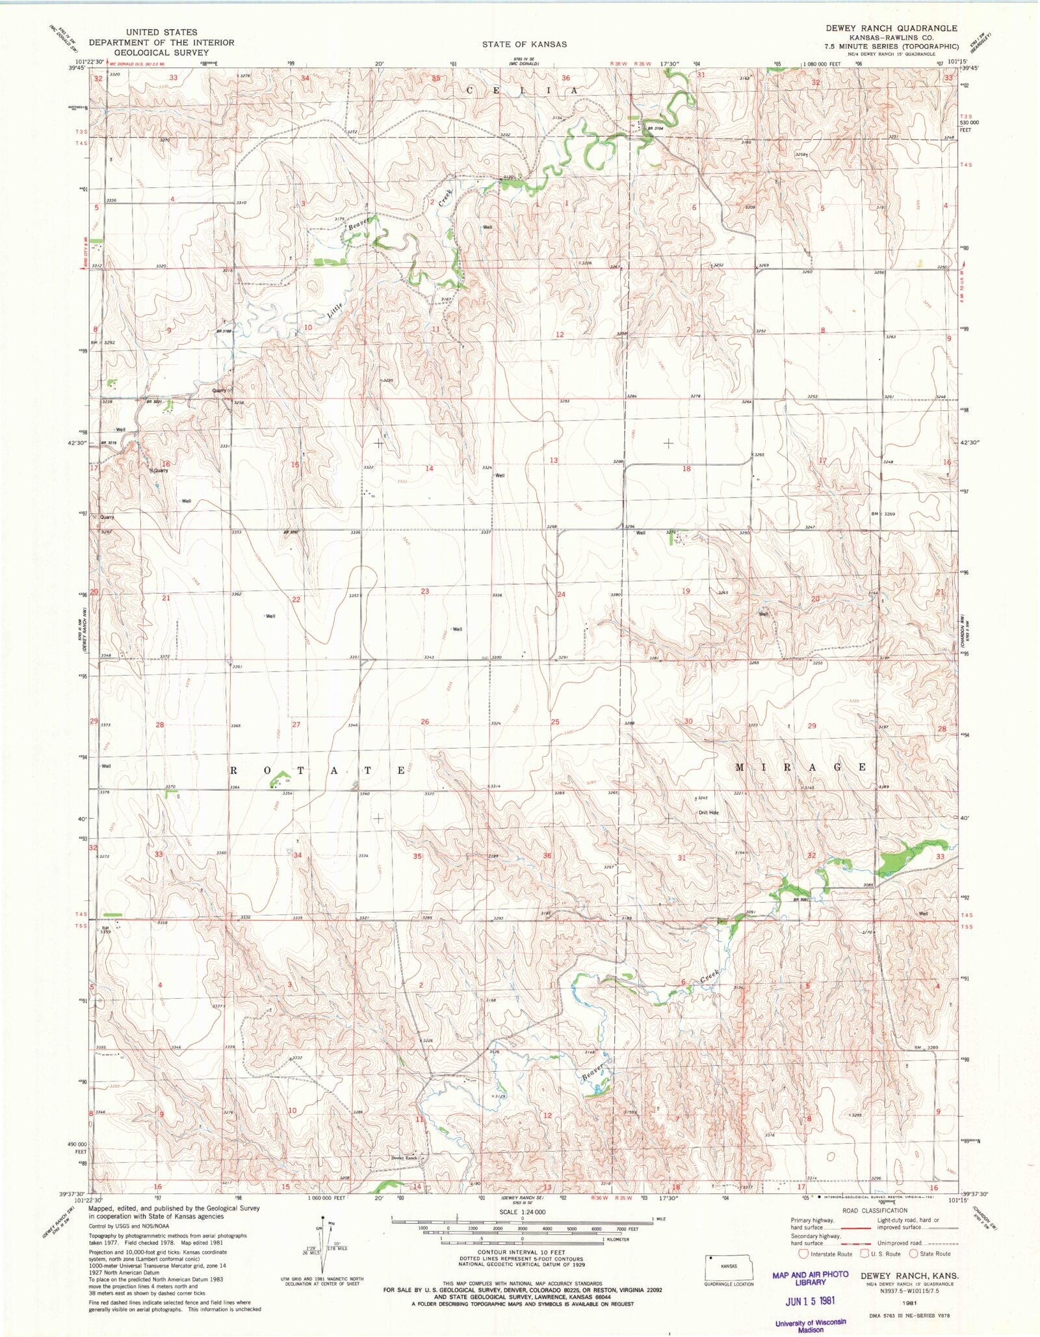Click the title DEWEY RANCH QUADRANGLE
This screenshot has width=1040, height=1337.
click(x=891, y=28)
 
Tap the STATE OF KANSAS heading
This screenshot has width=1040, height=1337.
click(x=525, y=44)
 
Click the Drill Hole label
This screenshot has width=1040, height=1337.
click(x=708, y=812)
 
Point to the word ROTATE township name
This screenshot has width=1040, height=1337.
click(x=318, y=770)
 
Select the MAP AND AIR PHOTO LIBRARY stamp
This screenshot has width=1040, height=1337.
click(x=810, y=1278)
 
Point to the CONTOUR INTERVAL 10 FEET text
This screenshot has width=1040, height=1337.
click(x=521, y=1252)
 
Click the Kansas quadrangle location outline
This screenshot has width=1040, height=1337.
click(x=729, y=1267)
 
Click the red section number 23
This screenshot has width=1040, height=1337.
click(x=425, y=591)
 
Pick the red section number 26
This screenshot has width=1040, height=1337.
click(x=425, y=722)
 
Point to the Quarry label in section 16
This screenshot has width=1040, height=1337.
click(x=160, y=470)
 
